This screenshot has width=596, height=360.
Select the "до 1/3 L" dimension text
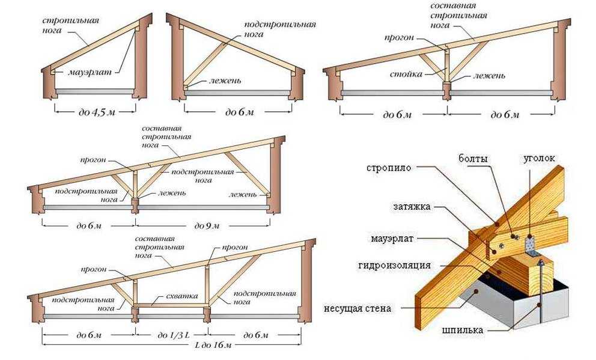tap(171, 334)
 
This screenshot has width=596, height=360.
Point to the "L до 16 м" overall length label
tap(175, 346)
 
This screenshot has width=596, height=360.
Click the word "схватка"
tap(171, 297)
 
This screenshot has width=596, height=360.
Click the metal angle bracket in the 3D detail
tap(529, 243)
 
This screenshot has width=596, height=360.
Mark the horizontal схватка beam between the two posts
tap(171, 306)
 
